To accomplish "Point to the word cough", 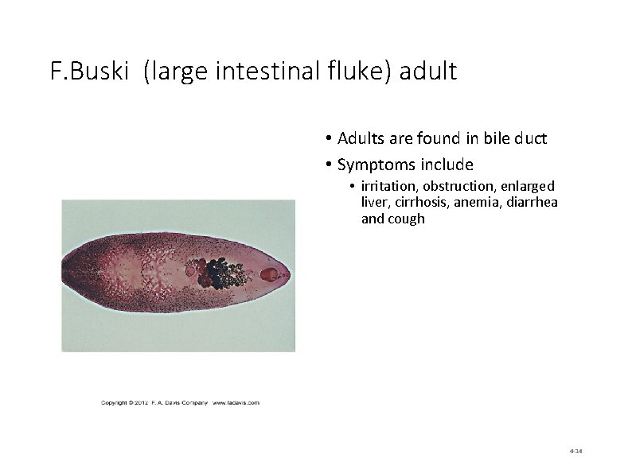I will (x=406, y=219).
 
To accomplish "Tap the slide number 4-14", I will (x=576, y=452).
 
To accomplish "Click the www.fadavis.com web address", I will (x=236, y=403).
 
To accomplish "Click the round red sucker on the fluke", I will (x=270, y=275).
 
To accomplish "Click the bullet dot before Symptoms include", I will (x=329, y=165).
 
